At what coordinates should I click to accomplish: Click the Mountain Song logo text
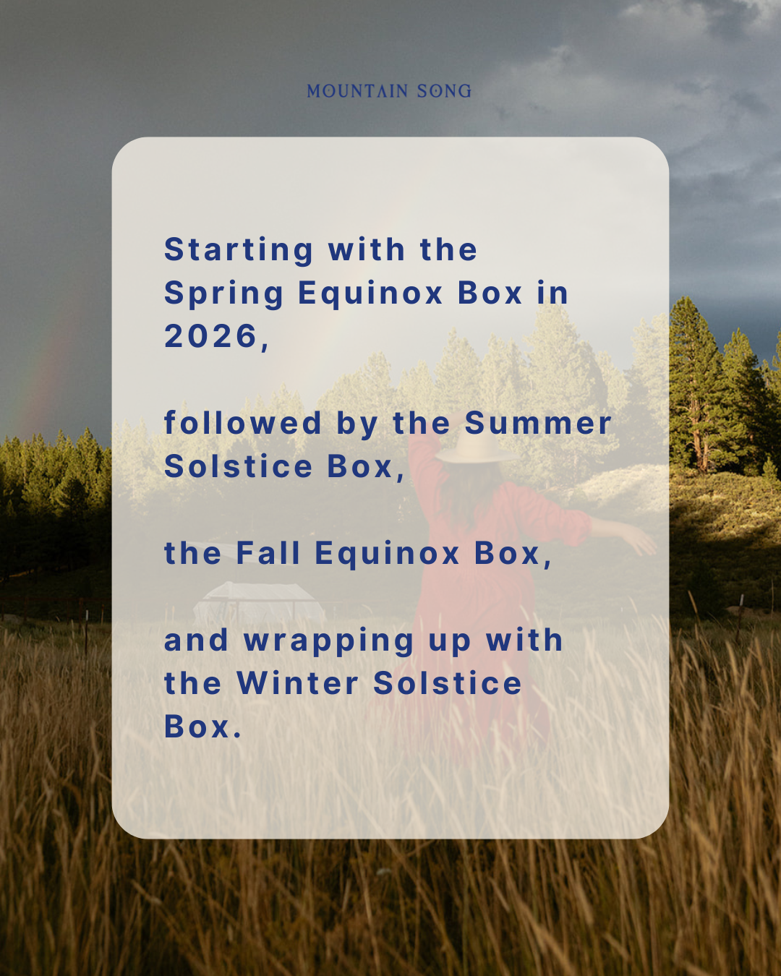pos(389,91)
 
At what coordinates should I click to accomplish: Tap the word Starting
pos(239,251)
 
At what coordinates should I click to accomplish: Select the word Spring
pos(223,294)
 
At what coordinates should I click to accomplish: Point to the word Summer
pos(538,423)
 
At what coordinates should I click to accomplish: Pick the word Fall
pos(268,553)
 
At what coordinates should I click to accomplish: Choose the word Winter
pos(297,683)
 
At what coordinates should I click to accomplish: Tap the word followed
pos(243,423)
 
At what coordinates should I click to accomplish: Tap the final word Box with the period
pos(202,727)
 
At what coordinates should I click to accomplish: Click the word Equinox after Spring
pos(370,294)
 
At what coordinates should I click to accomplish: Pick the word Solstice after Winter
pos(447,683)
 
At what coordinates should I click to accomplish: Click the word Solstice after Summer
pos(238,466)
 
